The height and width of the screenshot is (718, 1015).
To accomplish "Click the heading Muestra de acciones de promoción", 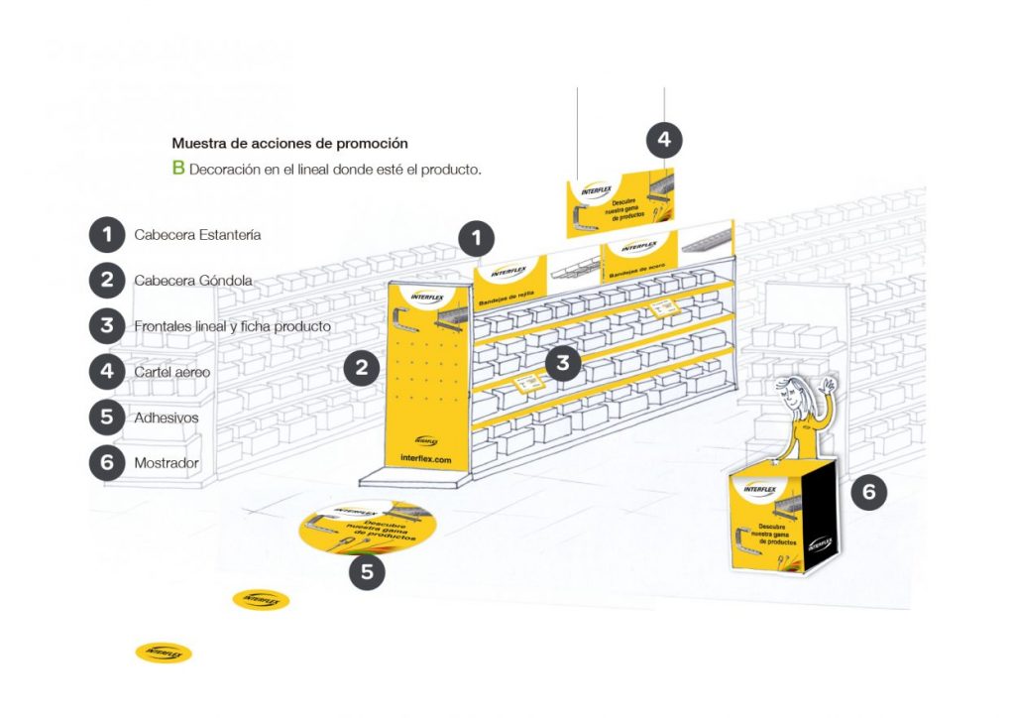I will [x=289, y=144].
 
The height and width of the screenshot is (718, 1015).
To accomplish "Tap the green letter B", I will [x=178, y=168].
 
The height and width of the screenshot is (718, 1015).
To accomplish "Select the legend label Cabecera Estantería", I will [x=197, y=235].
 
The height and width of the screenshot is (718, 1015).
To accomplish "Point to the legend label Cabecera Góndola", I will [x=192, y=281].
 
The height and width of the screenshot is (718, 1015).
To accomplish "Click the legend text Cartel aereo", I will [x=171, y=372].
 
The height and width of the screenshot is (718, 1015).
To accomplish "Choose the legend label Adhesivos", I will [x=166, y=418].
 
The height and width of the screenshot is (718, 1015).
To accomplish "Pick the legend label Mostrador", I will [x=166, y=463].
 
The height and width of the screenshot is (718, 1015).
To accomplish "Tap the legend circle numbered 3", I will [x=106, y=325].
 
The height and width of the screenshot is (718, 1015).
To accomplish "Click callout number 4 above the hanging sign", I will [x=664, y=141].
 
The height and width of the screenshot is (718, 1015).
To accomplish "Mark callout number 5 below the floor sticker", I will [x=367, y=572].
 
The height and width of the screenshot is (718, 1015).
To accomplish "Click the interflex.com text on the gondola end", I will [x=425, y=460].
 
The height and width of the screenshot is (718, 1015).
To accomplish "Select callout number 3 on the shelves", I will [x=563, y=363].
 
